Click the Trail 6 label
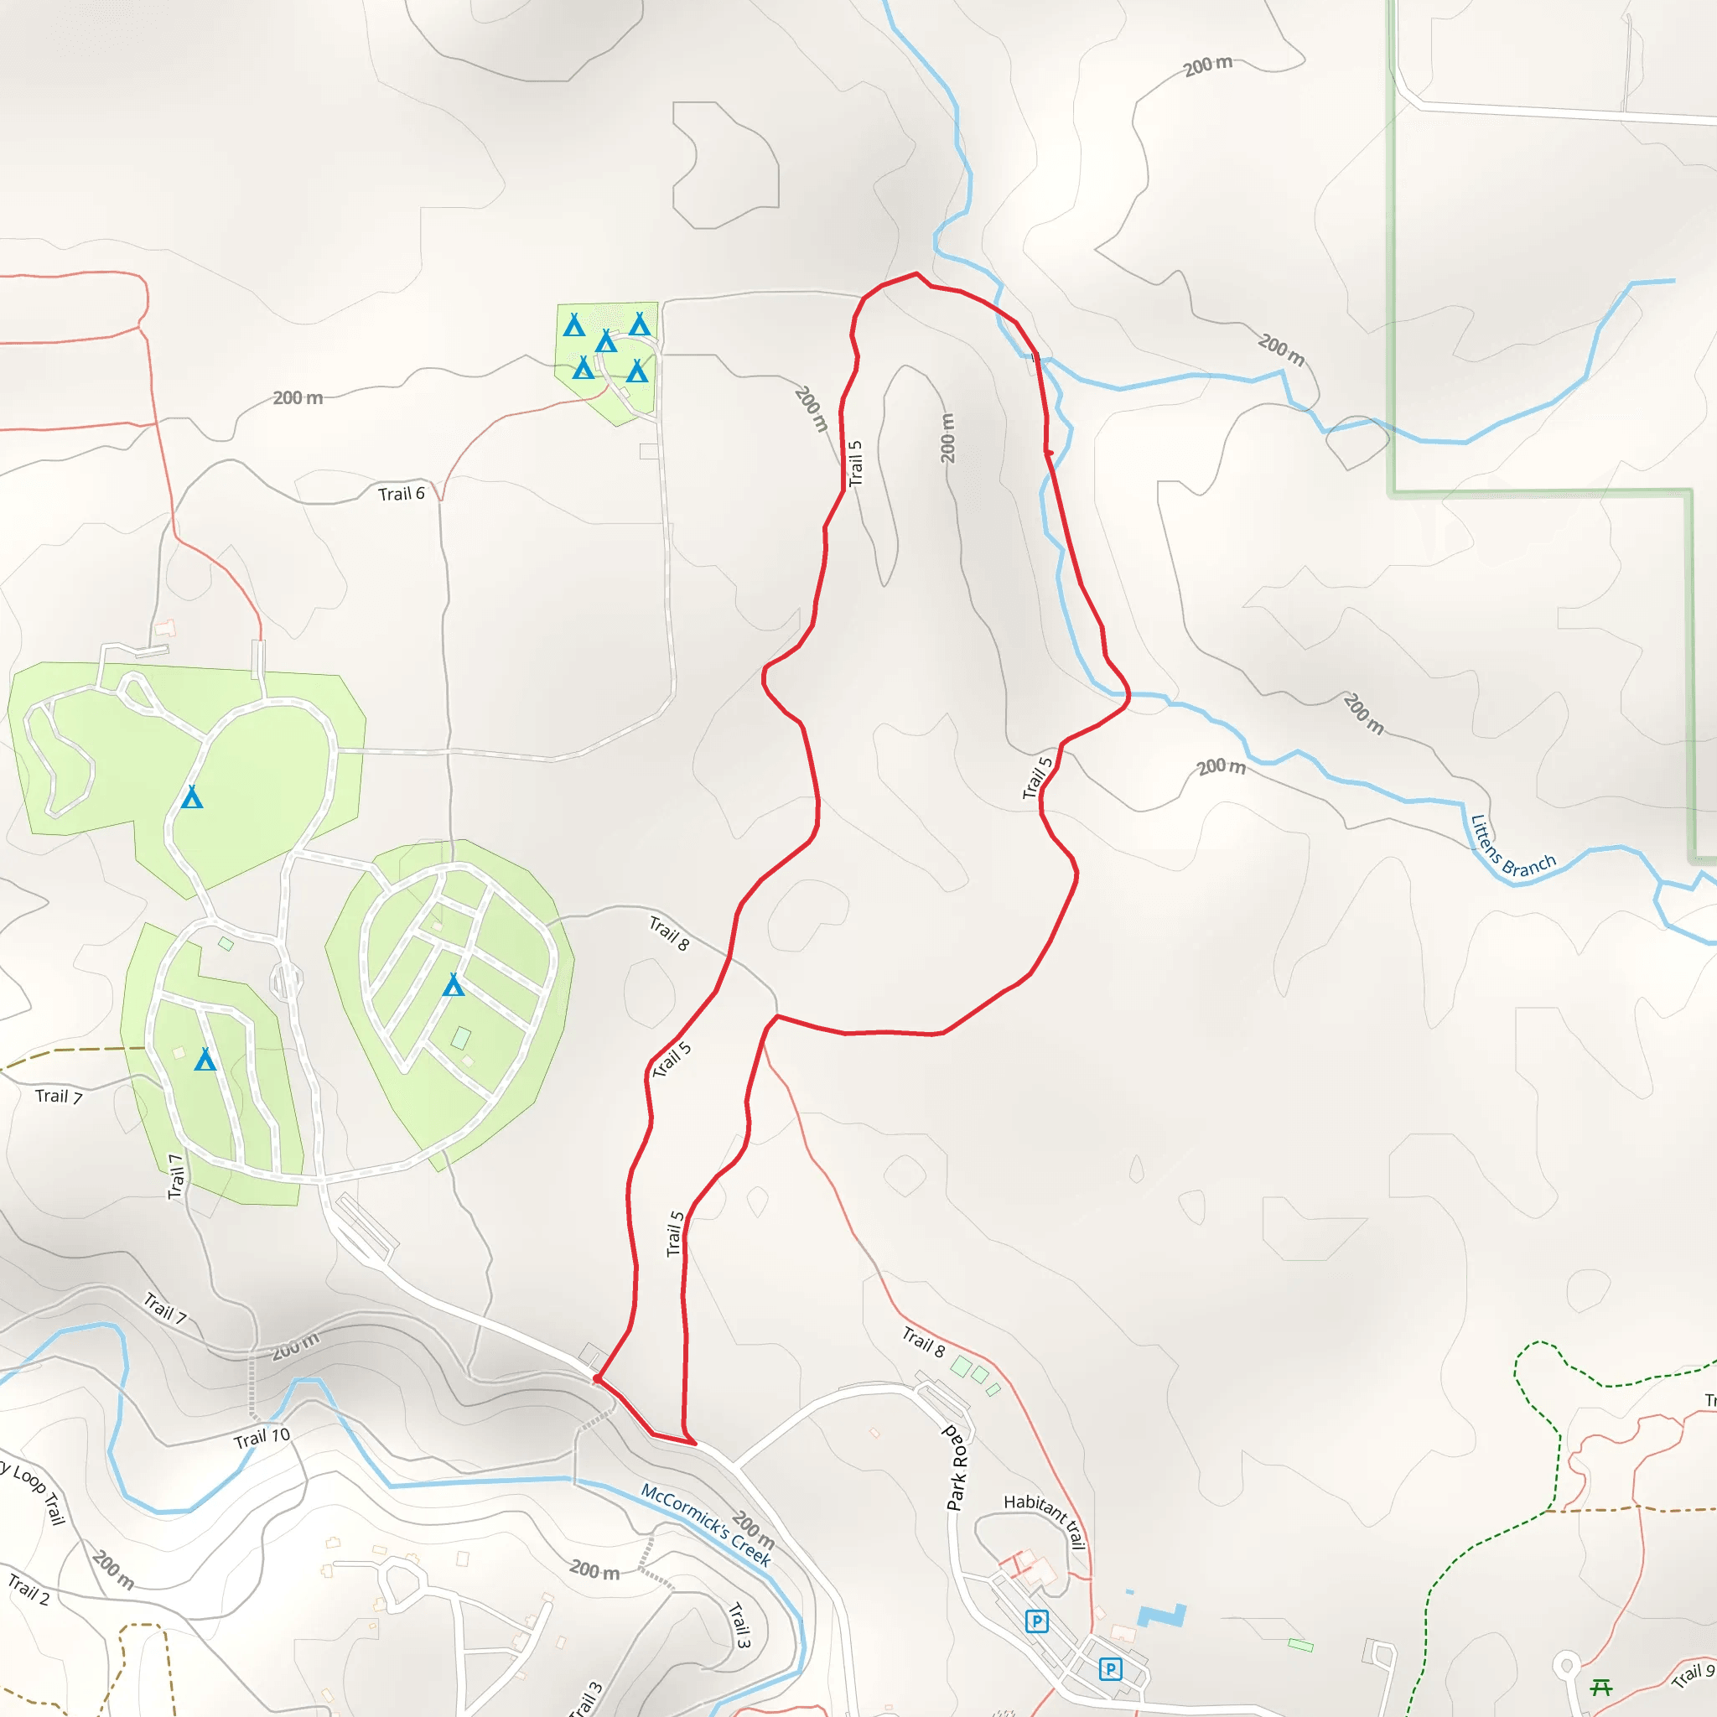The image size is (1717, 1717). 401,494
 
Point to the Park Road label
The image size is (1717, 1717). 957,1468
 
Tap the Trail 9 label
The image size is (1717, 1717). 1692,1675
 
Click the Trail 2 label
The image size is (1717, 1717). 29,1589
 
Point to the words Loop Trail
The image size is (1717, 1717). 40,1493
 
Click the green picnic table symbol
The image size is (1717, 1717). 1601,1686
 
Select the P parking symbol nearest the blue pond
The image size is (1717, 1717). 1110,1669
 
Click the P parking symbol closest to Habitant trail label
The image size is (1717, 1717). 1036,1621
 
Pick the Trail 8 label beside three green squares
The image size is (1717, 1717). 923,1342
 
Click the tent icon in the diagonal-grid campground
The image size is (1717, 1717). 454,985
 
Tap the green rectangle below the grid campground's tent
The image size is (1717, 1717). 460,1037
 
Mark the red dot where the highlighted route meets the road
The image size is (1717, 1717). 597,1379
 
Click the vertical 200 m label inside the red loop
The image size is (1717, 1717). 948,438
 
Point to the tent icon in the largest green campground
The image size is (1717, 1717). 192,797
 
